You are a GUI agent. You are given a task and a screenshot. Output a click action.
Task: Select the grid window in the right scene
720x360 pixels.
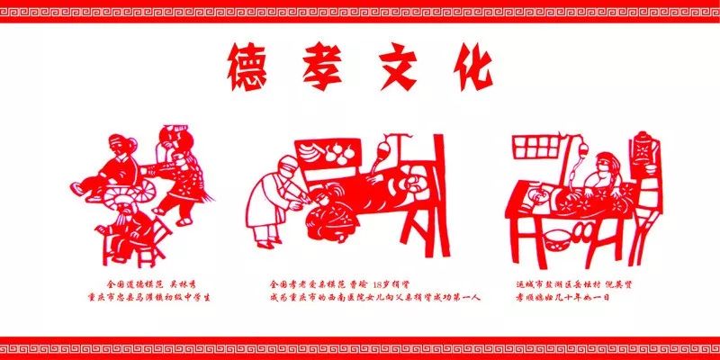click(536, 147)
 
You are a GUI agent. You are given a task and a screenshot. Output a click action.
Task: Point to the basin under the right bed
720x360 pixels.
click(558, 238)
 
